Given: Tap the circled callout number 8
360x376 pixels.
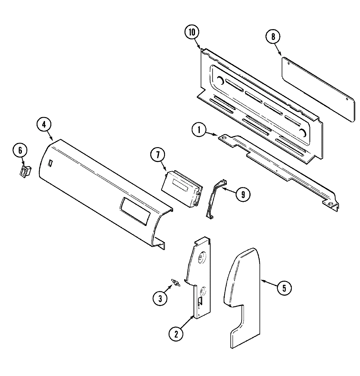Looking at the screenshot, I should [x=273, y=37].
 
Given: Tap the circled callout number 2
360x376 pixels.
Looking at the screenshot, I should [x=176, y=334].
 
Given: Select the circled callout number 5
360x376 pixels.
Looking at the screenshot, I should [x=284, y=288].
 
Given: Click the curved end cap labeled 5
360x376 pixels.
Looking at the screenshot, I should [x=243, y=294].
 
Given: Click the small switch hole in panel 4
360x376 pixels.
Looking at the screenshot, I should [x=50, y=163].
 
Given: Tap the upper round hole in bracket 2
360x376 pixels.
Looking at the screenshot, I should [x=201, y=258].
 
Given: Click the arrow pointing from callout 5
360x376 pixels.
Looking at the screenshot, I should [x=268, y=284].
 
